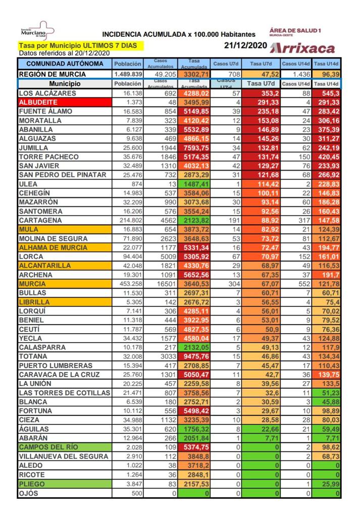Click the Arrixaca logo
[x=302, y=48]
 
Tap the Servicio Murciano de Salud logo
[x=34, y=31]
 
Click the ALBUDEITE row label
[x=38, y=102]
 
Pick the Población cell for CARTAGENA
[x=128, y=221]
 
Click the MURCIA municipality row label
[x=32, y=284]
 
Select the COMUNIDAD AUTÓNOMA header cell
[x=65, y=64]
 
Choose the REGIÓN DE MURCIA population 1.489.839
[x=128, y=74]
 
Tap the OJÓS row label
[x=28, y=493]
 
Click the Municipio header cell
[x=65, y=84]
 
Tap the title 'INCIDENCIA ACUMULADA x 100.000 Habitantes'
[x=179, y=34]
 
